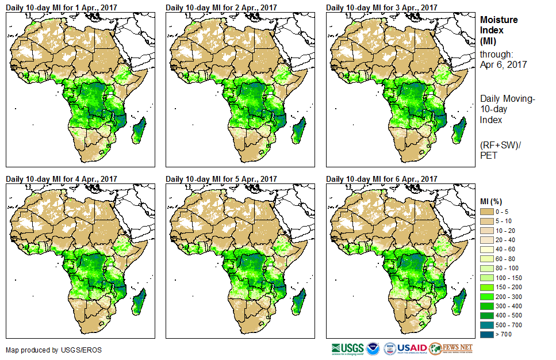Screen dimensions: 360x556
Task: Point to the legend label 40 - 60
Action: coord(506,249)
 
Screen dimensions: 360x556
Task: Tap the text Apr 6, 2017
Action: coord(503,64)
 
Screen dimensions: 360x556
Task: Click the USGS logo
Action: coord(347,348)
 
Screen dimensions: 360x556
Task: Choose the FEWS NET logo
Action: coord(452,348)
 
